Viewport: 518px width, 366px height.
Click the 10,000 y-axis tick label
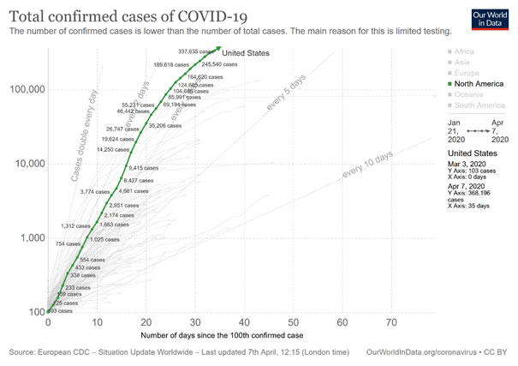(27, 164)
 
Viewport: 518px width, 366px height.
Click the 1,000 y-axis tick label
(30, 237)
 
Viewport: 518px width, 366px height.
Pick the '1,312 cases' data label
(75, 225)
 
